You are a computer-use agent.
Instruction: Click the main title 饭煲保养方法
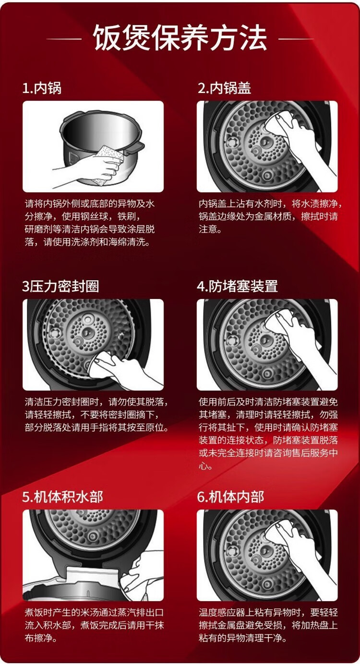click(x=180, y=38)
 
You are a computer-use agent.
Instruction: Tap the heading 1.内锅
click(x=42, y=88)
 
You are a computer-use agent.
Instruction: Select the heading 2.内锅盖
click(x=224, y=88)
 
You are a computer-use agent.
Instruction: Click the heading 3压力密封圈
click(x=60, y=286)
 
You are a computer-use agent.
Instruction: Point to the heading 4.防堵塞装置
click(x=237, y=286)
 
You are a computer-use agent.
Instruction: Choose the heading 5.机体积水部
click(x=63, y=497)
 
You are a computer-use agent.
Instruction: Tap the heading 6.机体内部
click(x=231, y=497)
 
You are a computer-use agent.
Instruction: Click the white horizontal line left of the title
click(x=64, y=38)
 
